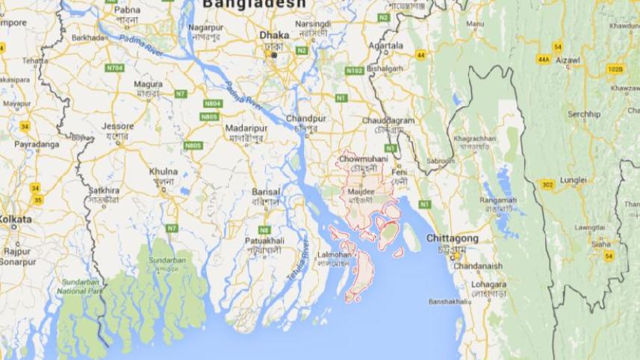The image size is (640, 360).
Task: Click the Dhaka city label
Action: [273, 34]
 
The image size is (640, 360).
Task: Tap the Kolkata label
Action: [16, 220]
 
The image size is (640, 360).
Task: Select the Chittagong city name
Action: [451, 238]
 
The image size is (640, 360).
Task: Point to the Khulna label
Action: [164, 171]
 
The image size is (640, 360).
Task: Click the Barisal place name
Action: [266, 191]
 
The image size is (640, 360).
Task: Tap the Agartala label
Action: [385, 45]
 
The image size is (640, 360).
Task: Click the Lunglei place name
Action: [574, 180]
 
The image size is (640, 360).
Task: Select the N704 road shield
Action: [114, 67]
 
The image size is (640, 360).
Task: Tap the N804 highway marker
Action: [213, 103]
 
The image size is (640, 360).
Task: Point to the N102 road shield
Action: [354, 70]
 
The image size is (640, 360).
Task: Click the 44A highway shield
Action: [543, 59]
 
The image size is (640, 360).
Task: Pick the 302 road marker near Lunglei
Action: [547, 184]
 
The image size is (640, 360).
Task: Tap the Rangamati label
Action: [497, 199]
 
